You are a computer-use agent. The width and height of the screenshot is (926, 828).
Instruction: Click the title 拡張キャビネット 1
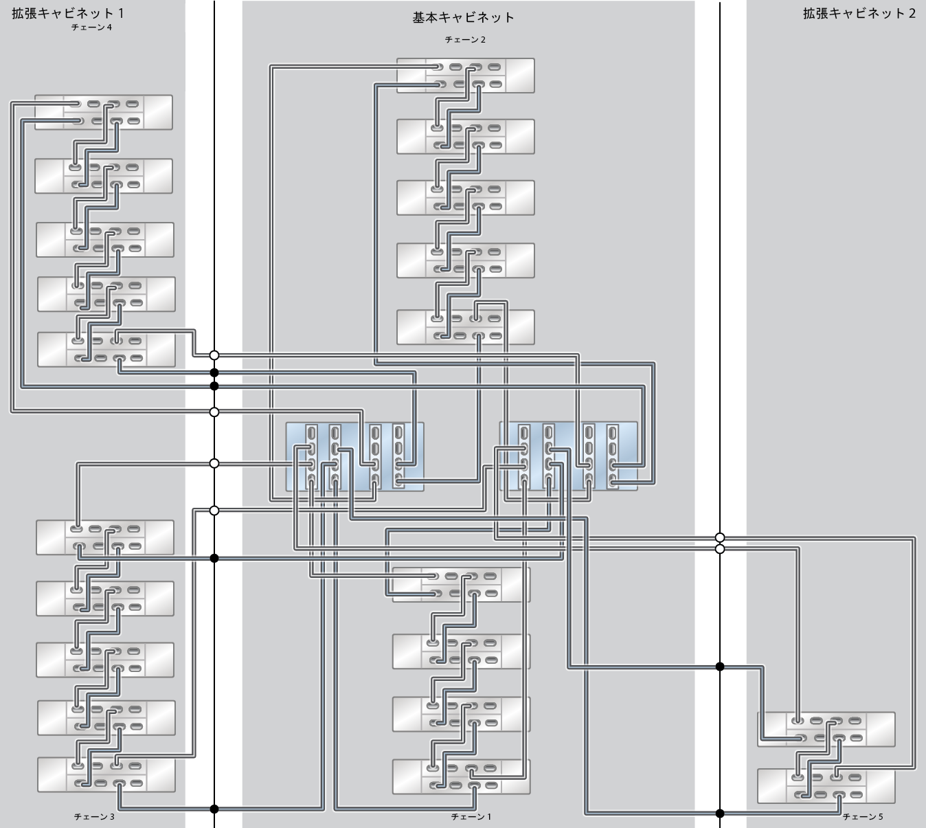(x=68, y=13)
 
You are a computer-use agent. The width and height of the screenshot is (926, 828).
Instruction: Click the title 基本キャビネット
(x=463, y=18)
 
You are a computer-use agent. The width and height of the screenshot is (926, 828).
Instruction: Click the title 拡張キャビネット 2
(x=859, y=13)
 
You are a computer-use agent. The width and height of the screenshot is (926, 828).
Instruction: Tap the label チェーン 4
(x=91, y=27)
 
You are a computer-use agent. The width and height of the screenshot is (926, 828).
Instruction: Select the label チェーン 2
(x=465, y=40)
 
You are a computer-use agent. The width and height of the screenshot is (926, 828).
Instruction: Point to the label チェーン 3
(x=93, y=817)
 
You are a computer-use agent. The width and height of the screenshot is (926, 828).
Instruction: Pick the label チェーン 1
(x=471, y=817)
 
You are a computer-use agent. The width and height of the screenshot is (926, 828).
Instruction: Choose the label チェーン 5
(x=862, y=817)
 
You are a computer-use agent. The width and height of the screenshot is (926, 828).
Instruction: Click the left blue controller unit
(x=354, y=456)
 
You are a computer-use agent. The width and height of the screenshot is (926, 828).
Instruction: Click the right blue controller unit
(x=568, y=456)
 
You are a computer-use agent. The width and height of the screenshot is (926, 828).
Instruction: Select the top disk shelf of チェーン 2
(x=465, y=76)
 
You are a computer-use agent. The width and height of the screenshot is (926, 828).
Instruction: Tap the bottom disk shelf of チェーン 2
(x=465, y=327)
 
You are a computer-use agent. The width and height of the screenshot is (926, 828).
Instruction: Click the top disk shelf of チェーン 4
(x=104, y=112)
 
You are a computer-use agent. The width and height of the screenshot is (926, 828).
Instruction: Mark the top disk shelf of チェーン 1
(x=461, y=584)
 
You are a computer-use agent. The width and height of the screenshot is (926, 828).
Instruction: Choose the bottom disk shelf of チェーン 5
(x=826, y=785)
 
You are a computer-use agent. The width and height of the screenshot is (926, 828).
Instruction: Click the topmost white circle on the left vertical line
(x=214, y=355)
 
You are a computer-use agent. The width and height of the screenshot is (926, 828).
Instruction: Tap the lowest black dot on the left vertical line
(x=214, y=809)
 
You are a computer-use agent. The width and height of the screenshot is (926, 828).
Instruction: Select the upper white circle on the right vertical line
(x=720, y=537)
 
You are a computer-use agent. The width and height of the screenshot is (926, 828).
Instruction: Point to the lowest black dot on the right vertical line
(x=720, y=814)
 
